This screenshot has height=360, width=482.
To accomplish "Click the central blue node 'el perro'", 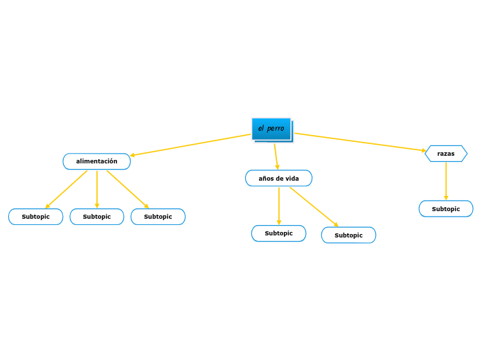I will [x=271, y=129].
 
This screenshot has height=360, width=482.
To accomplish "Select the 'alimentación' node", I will [x=96, y=161].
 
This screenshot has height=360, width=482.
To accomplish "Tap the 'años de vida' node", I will [x=278, y=179].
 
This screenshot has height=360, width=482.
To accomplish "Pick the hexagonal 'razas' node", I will [x=445, y=154].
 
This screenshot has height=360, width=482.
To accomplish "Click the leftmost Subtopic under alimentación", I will [x=35, y=217].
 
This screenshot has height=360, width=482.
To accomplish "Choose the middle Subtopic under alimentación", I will [x=96, y=217].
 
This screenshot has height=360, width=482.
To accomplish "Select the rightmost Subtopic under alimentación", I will [x=158, y=217].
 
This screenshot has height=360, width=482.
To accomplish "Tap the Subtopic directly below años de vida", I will [x=278, y=233].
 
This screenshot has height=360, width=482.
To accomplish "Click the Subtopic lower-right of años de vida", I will [x=348, y=235].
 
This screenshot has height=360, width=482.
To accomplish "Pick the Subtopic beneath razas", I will [x=445, y=209].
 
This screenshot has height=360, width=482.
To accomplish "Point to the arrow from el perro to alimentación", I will [x=190, y=145].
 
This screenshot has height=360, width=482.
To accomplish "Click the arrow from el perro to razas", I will [x=360, y=142].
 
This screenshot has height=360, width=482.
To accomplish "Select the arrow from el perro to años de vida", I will [x=276, y=156].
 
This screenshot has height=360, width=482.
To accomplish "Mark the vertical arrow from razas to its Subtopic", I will [x=445, y=181].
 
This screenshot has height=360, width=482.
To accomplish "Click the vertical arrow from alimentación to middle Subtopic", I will [x=97, y=189].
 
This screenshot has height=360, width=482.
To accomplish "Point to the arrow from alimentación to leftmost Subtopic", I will [x=66, y=189].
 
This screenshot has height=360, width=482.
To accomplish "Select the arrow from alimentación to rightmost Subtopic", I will [x=127, y=189].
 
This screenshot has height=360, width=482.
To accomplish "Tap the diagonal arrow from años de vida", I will [x=314, y=206].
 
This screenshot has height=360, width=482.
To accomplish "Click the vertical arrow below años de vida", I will [x=279, y=206].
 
